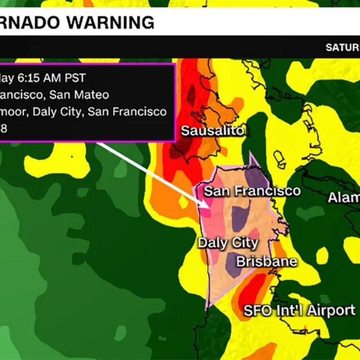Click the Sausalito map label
tap(212, 131)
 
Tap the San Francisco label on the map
tap(252, 191)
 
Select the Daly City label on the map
tap(228, 243)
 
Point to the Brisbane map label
tap(266, 261)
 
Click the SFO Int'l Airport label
tap(299, 310)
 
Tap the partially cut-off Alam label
tap(343, 197)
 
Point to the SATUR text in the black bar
tap(342, 47)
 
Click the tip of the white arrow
tap(209, 206)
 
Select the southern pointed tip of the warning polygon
tap(207, 309)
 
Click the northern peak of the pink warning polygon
tap(250, 153)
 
